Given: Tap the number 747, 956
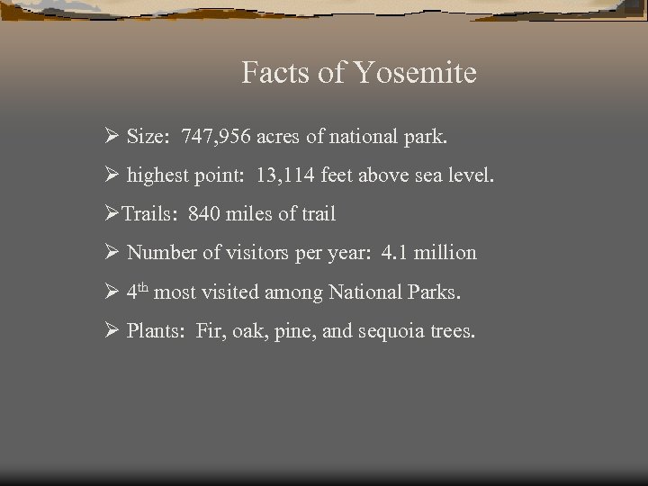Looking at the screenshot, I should [216, 137].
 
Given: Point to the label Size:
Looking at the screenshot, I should [150, 137].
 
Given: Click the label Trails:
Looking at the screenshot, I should [150, 214].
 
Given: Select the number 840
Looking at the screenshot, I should [204, 214].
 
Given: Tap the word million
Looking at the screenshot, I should [446, 253].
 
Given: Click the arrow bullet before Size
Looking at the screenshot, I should [112, 137].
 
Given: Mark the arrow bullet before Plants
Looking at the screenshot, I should [112, 330].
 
